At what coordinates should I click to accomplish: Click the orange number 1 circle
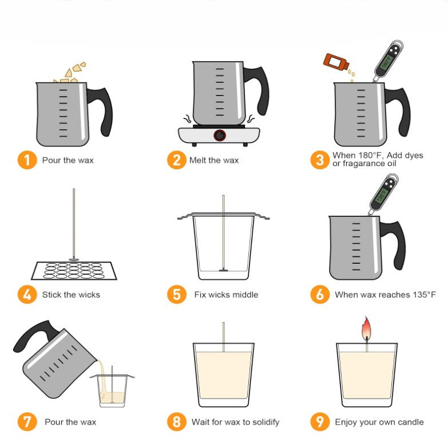[x=26, y=160]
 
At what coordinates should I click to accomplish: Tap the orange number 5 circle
[x=177, y=295]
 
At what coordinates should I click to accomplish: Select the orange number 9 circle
[x=320, y=422]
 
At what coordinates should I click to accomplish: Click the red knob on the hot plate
[x=219, y=136]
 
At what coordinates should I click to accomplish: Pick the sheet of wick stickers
[x=73, y=270]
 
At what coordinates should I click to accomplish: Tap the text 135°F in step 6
[x=423, y=295]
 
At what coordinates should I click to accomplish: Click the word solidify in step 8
[x=261, y=422]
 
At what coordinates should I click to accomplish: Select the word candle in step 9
[x=409, y=422]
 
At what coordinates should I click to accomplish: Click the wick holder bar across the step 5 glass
[x=224, y=216]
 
